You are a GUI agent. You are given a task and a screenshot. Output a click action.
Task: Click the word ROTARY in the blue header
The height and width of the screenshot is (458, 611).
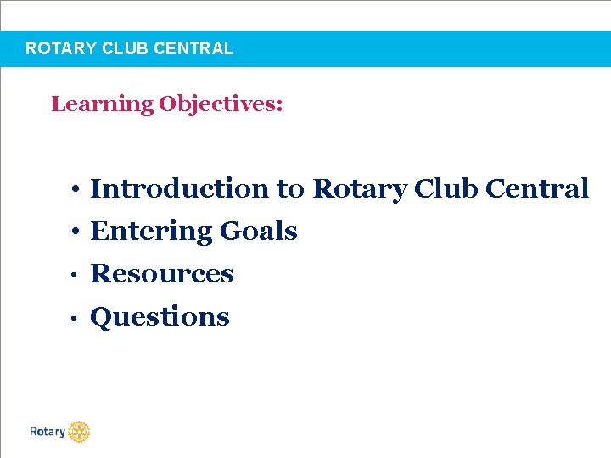click(60, 48)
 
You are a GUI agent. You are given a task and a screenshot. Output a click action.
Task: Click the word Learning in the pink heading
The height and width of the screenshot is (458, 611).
click(102, 104)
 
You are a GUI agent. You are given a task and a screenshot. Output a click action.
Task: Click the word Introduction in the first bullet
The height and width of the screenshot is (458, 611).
click(180, 187)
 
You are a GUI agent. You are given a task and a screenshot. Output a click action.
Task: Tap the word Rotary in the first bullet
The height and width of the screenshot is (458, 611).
click(360, 188)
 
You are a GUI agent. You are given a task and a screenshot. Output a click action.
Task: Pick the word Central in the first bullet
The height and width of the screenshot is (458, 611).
click(537, 187)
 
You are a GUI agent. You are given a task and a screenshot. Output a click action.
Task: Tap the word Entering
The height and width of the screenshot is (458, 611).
click(151, 231)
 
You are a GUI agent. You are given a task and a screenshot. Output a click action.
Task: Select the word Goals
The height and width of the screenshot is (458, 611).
click(259, 231)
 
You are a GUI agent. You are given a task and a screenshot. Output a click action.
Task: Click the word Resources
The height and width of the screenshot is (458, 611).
click(162, 273)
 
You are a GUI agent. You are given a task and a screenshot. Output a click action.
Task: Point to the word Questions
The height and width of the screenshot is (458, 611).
click(160, 316)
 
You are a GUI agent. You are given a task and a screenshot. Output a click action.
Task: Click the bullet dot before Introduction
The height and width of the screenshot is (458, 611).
click(76, 189)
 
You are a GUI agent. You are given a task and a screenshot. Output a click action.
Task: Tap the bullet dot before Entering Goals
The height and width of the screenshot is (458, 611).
click(76, 232)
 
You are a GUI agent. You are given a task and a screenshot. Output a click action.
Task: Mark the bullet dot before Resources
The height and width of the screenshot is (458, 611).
click(76, 275)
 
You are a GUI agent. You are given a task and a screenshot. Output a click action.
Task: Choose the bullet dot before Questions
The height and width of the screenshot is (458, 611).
click(76, 318)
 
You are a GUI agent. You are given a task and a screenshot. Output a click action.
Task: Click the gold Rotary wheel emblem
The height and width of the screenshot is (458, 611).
click(79, 432)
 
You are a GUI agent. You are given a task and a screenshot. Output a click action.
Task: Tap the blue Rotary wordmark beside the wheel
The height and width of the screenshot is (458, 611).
click(48, 432)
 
